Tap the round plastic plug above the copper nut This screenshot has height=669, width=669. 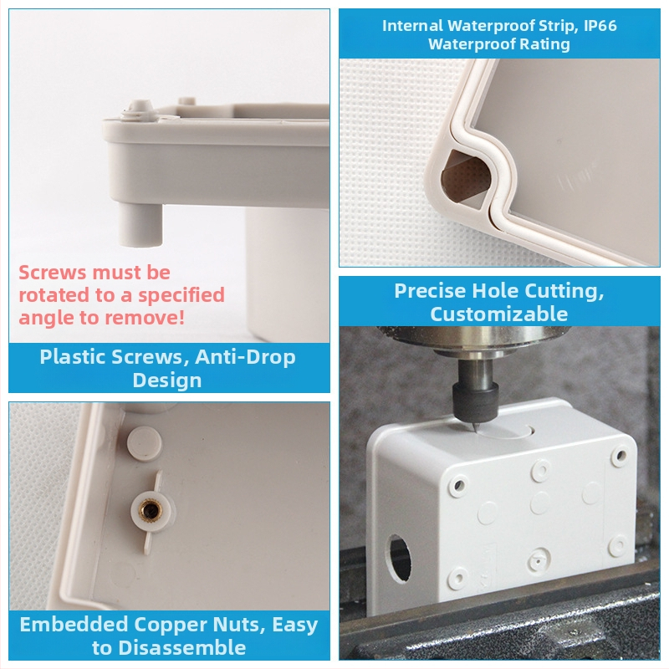144,444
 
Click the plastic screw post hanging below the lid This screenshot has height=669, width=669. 140,225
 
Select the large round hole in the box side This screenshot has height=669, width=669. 400,559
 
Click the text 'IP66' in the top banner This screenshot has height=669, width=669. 600,26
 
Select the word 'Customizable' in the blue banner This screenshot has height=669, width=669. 498,314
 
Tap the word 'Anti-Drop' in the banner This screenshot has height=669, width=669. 245,357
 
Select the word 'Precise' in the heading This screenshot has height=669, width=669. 430,291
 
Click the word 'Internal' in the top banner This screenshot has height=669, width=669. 412,26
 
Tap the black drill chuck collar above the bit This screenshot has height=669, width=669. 476,401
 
